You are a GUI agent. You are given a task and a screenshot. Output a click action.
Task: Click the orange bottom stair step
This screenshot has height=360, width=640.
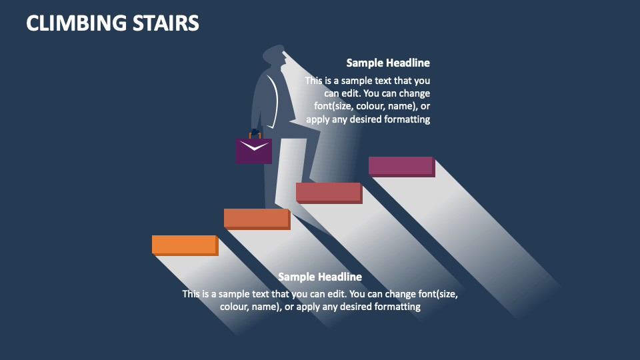point(185,244)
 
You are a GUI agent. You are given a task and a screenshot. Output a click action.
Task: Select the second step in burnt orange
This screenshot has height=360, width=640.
point(257,218)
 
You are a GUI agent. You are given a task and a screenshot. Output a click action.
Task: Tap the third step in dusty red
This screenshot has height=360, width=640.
point(328,192)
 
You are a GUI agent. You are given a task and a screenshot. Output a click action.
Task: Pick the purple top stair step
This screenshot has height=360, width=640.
point(401,165)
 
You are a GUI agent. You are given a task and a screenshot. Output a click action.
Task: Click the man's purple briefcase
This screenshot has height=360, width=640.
point(253,151)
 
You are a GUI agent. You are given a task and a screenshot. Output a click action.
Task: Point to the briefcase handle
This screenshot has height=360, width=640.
point(254,133)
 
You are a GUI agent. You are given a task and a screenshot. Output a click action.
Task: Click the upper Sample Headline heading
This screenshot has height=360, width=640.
point(388,63)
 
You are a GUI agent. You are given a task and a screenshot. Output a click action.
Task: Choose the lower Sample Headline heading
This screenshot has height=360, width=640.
point(320,277)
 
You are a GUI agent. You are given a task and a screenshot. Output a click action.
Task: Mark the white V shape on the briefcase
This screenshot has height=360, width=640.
point(253,145)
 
